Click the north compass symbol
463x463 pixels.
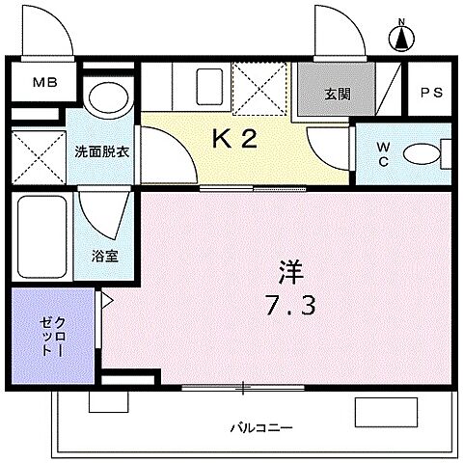click(x=400, y=36)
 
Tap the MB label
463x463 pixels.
click(x=45, y=82)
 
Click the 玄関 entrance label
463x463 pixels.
click(x=336, y=95)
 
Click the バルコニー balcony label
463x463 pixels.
click(x=260, y=425)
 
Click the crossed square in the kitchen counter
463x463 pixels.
click(x=259, y=87)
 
